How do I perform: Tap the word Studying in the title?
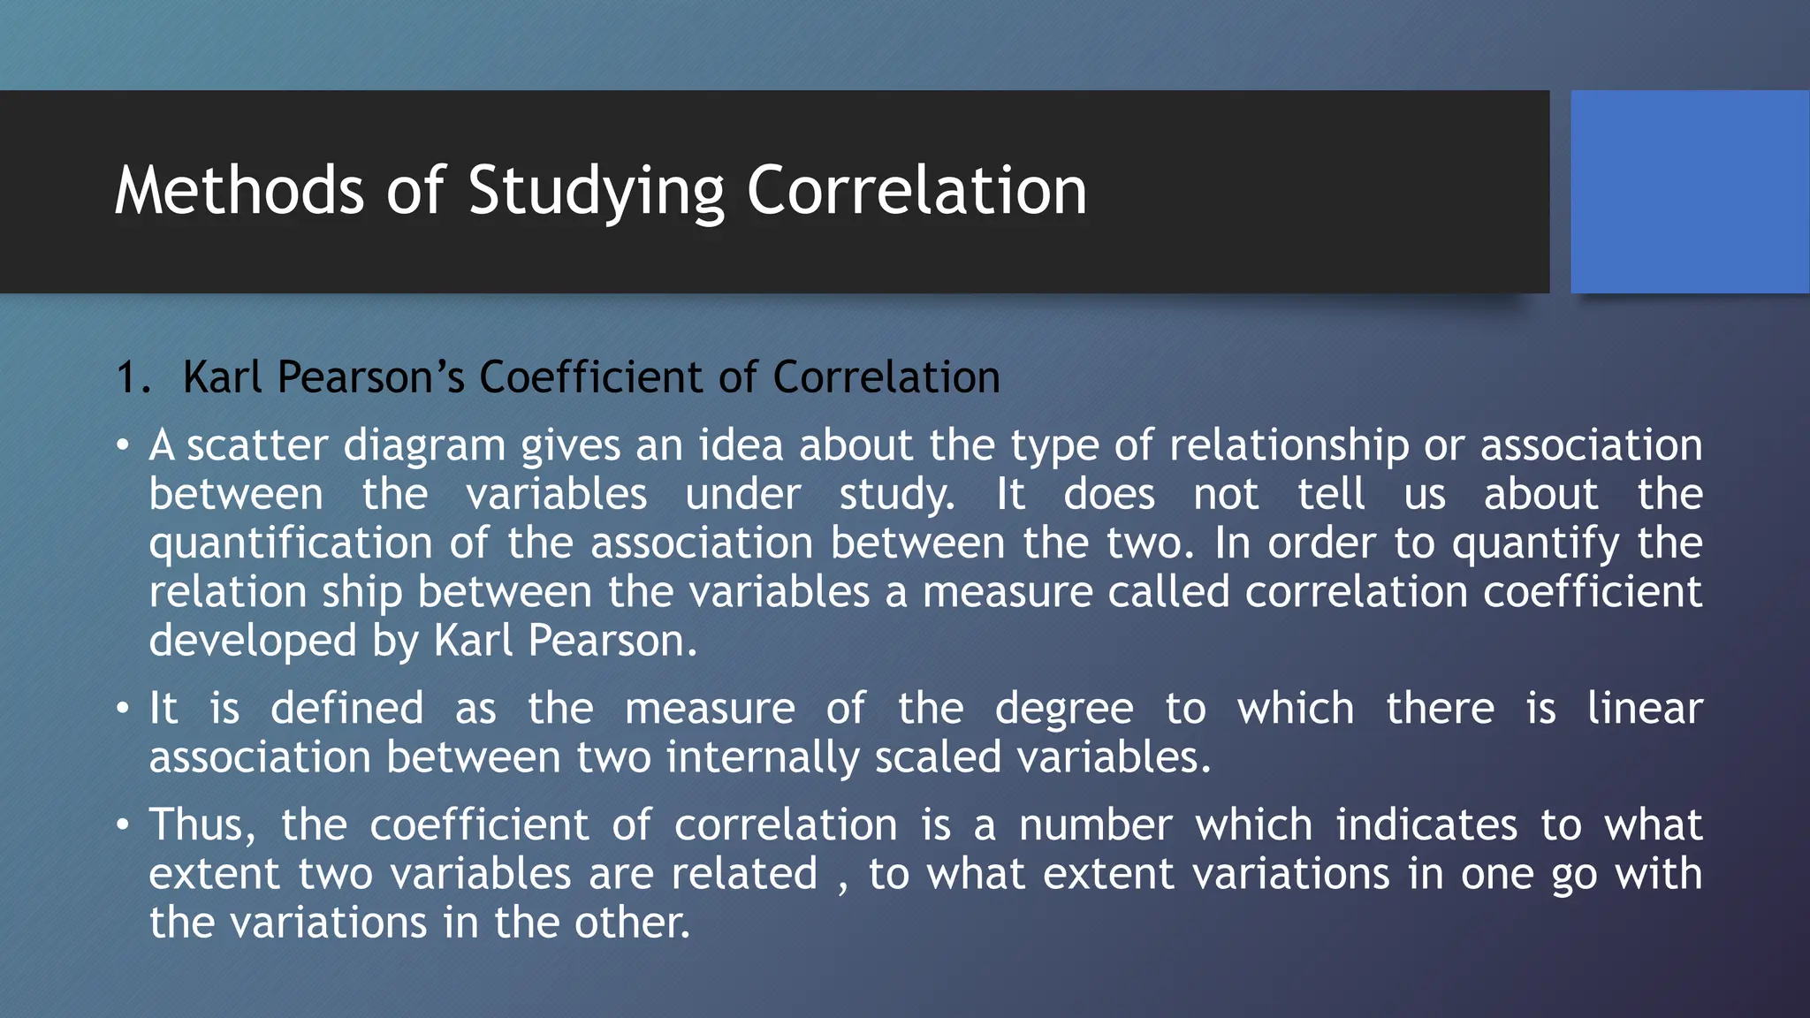point(596,192)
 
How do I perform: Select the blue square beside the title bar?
point(1689,192)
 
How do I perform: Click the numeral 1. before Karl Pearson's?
point(134,377)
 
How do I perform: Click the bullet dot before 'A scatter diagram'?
point(123,444)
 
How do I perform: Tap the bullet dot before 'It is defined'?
point(123,709)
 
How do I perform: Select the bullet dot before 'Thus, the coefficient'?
point(123,824)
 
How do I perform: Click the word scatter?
point(257,444)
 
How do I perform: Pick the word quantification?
point(290,543)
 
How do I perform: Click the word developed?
point(252,642)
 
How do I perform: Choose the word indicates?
point(1426,824)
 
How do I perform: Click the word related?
point(744,874)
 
